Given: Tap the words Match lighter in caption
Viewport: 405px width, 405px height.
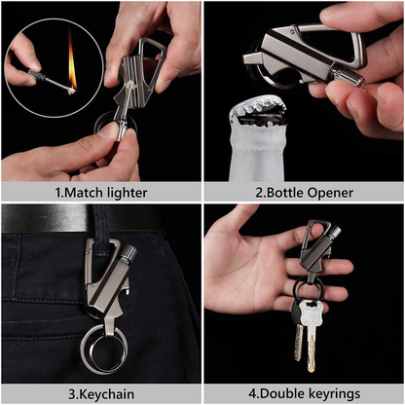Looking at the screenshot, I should point(107,193).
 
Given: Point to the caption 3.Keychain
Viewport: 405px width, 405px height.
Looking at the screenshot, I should point(100,393).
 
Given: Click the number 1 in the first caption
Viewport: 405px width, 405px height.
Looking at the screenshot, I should point(57,193).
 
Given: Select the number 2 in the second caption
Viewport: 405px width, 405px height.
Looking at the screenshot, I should point(259,193).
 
